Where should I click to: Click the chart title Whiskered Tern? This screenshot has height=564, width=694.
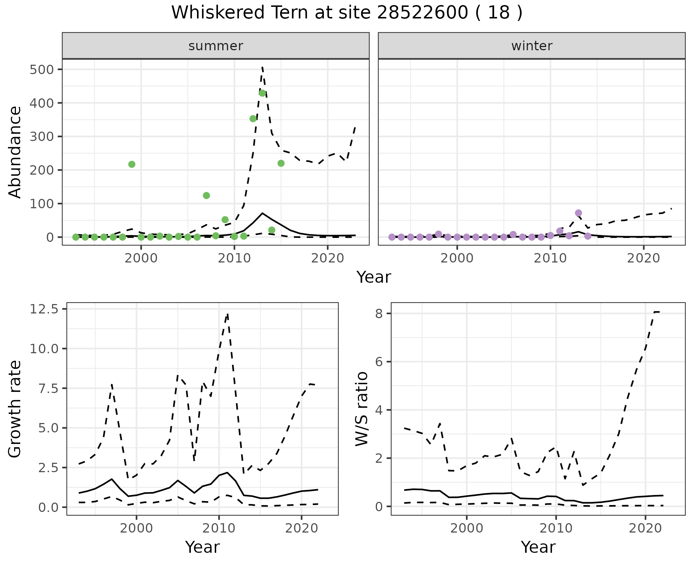pos(346,13)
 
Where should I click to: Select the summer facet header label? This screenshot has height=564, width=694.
pos(216,46)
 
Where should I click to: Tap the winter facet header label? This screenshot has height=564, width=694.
pos(532,46)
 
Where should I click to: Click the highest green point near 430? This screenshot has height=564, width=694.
pos(262,93)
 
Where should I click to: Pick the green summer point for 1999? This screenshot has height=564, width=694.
pos(132,164)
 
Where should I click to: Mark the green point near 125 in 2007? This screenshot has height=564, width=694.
pos(206,196)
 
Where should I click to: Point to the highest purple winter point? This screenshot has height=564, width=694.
pos(578,213)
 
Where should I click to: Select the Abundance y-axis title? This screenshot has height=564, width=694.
pos(15,152)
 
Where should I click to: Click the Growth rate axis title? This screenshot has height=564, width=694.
pos(15,409)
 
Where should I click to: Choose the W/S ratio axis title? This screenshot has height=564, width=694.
pos(362,409)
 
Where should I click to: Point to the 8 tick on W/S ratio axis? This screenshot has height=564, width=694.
pos(378,313)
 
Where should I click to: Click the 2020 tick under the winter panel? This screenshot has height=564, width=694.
pos(643,258)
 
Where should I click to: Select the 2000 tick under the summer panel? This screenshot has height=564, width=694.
pos(141,258)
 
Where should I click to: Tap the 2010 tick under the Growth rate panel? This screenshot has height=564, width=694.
pos(219,528)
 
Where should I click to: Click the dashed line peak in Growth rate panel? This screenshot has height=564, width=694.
pos(227,314)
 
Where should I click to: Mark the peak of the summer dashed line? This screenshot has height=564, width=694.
pos(262,68)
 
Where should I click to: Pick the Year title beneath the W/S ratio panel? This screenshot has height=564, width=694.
pos(538,547)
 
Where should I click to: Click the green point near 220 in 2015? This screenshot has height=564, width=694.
pos(281,163)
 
